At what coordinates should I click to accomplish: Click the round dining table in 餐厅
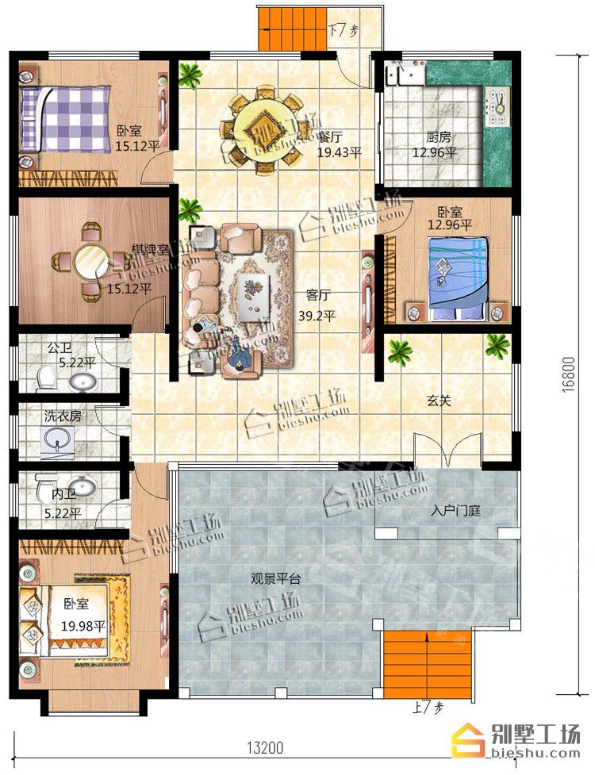click(261, 130)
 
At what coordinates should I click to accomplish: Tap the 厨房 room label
click(439, 137)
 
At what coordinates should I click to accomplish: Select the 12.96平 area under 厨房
click(435, 152)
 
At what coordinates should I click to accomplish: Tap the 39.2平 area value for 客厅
click(317, 316)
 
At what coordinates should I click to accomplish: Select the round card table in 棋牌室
click(91, 261)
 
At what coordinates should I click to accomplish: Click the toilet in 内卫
click(45, 487)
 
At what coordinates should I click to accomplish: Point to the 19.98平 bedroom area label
click(83, 626)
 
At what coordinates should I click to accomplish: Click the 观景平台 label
click(276, 579)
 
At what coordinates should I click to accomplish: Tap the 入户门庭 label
click(455, 511)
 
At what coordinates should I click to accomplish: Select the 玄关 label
click(439, 401)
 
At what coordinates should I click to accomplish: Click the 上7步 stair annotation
click(428, 708)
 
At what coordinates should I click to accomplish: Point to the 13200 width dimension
click(266, 748)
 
